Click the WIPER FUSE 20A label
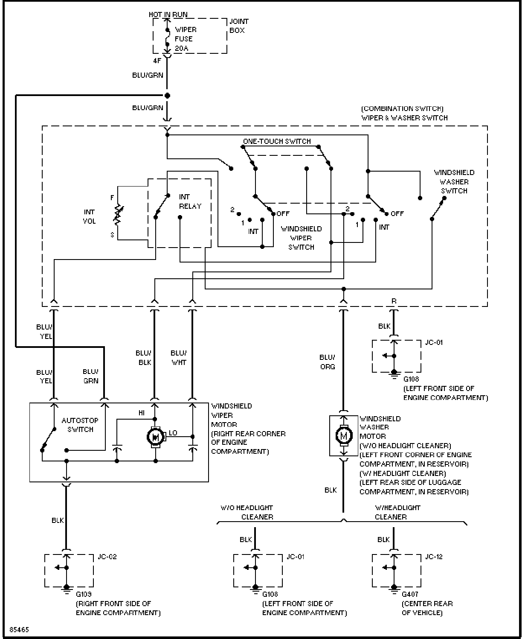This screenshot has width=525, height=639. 186,39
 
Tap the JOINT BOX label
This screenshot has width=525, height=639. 239,26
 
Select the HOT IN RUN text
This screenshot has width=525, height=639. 168,15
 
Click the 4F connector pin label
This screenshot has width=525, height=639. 157,61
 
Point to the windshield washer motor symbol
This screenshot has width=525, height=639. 344,436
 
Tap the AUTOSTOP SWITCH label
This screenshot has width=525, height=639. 80,425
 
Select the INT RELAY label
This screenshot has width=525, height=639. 190,201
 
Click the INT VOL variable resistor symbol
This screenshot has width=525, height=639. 118,215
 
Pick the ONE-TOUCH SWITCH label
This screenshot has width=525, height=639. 277,141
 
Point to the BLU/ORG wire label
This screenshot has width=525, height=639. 327,362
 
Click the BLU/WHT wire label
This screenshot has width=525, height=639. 179,358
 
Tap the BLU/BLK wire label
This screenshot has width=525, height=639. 144,358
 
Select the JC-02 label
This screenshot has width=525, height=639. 107,557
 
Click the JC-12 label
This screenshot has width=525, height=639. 434,557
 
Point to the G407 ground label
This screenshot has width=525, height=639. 410,594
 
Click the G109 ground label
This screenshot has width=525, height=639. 84,594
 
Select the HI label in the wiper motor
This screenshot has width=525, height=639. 142,413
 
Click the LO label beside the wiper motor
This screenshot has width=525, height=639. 173,433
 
